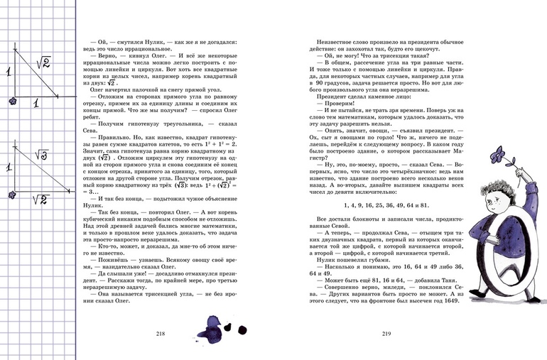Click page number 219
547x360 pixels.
point(387,333)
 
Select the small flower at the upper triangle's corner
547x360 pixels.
point(11,104)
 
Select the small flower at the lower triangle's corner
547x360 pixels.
point(11,193)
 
